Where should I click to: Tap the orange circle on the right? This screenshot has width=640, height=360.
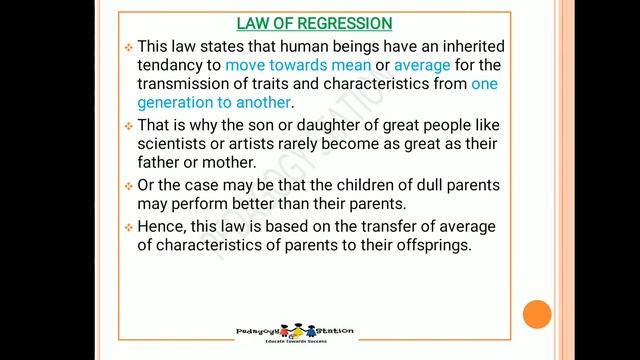(x=537, y=315)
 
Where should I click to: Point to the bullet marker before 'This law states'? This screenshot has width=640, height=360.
(x=127, y=48)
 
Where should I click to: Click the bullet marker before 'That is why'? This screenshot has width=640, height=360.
(x=127, y=126)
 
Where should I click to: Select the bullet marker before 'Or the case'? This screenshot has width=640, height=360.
(x=127, y=187)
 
